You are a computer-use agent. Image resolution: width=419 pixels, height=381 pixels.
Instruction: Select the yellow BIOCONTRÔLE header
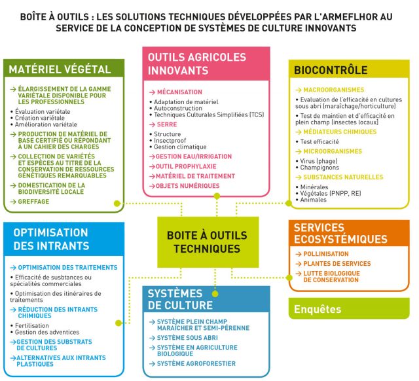coord(331,69)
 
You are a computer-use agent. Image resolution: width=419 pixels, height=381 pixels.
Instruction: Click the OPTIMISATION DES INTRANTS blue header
coord(52,239)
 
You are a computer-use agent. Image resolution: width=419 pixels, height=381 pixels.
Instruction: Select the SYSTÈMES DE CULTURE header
coord(181,300)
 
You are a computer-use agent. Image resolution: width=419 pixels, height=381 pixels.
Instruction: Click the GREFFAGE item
coord(33,202)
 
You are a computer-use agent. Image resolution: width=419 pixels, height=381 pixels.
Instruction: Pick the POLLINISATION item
coord(326,254)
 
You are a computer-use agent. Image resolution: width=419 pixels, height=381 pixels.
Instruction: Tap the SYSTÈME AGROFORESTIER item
coord(196,363)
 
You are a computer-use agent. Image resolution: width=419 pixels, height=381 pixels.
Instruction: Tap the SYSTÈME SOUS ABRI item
coord(189,337)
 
